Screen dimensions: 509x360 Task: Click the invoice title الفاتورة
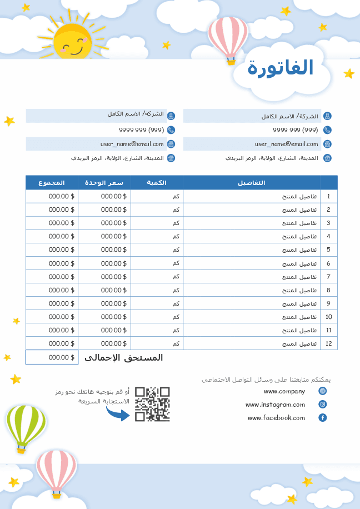click(281, 68)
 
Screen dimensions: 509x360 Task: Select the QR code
click(152, 404)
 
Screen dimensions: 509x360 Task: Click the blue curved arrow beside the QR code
click(117, 412)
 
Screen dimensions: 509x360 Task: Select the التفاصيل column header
click(251, 183)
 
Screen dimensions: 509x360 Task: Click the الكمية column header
click(156, 183)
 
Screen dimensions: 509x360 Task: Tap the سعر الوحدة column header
click(104, 183)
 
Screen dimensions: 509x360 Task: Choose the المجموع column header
click(51, 183)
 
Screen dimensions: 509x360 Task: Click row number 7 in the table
click(328, 277)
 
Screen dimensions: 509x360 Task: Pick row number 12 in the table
click(328, 344)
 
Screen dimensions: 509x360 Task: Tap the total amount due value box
click(52, 358)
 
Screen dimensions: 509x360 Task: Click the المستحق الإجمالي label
click(123, 358)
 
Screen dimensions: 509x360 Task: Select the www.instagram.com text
click(276, 405)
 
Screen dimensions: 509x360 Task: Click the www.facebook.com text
click(276, 418)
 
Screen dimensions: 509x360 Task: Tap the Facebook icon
click(323, 418)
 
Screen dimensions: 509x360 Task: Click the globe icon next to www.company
click(323, 391)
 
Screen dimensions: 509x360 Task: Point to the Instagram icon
click(323, 405)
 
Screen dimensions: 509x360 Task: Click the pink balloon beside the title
click(228, 38)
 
